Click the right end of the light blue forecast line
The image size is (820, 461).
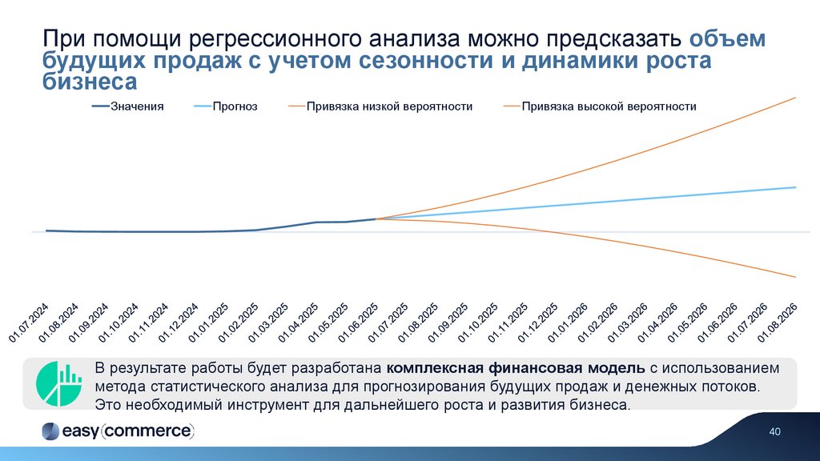point(795,187)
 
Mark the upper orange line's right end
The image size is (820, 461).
point(795,98)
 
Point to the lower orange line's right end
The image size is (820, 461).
point(795,277)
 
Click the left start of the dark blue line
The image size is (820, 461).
point(46,230)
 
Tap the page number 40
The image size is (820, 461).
point(774,432)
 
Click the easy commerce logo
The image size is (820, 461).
point(117,431)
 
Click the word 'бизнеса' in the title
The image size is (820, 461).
point(89,82)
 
